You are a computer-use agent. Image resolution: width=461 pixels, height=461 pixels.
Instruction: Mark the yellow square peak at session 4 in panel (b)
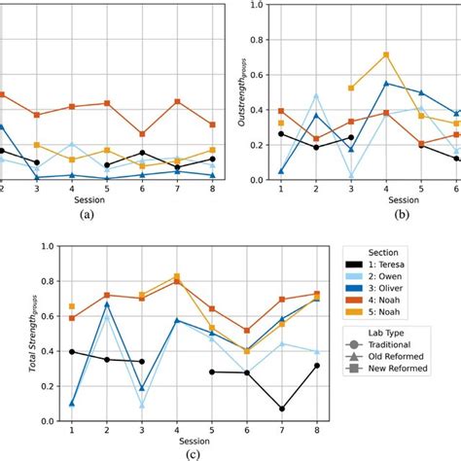(x=386, y=54)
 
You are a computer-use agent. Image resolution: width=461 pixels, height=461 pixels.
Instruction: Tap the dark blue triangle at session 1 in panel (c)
(x=72, y=403)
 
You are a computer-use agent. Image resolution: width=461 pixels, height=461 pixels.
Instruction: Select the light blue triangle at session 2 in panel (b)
(x=316, y=95)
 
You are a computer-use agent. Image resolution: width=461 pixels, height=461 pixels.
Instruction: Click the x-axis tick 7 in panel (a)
(x=177, y=192)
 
